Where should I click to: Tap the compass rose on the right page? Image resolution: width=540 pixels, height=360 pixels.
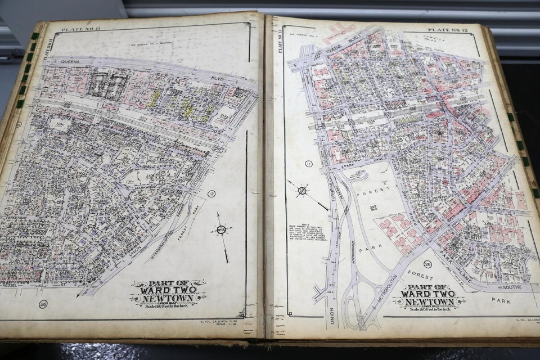302,190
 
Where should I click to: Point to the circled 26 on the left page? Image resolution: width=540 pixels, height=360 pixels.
43,304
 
